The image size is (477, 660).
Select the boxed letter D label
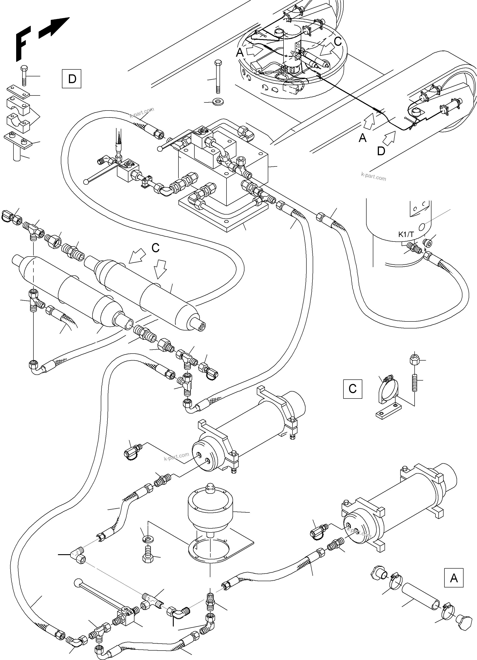(72, 79)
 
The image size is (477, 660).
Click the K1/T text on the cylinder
(406, 235)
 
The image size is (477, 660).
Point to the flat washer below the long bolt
(217, 102)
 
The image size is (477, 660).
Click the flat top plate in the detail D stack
(18, 92)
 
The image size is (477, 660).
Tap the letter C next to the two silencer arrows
(156, 248)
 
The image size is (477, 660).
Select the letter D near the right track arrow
(381, 151)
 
